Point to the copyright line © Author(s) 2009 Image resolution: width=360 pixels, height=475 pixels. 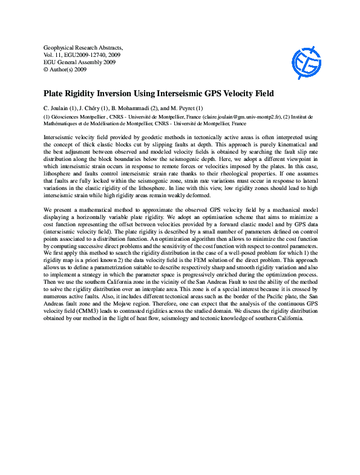click(x=65, y=70)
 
